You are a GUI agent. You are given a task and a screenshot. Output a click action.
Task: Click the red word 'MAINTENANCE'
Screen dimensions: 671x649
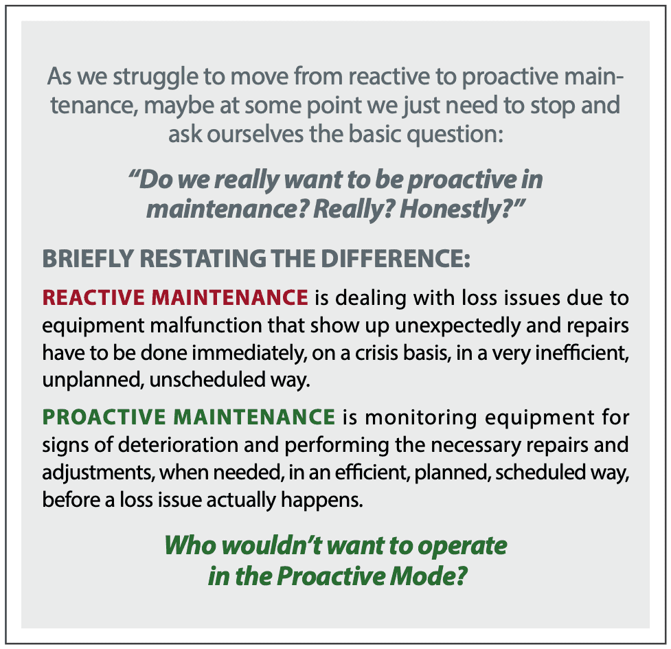230,297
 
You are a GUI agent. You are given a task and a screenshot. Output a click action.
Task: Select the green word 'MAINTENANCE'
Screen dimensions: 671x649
254,417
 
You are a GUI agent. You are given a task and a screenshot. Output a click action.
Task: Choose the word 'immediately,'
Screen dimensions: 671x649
249,354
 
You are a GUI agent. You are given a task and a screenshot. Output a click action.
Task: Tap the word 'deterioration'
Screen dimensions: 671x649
178,445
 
